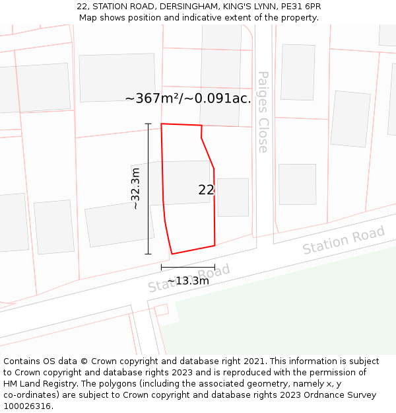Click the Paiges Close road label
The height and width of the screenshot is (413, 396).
pos(263,112)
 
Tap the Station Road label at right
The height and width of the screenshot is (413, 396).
pos(343,241)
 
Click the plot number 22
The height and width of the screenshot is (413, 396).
pos(206,190)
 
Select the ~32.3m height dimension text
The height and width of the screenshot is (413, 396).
pos(135,189)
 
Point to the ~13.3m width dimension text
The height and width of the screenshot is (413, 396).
pos(188,281)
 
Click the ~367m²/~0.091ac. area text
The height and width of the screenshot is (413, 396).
pos(187,98)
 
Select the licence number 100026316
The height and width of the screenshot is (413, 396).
pos(28,406)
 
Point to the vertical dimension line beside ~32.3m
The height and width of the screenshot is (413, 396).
pos(148,189)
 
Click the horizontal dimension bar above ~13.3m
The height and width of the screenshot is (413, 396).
pos(188,267)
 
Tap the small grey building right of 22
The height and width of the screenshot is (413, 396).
pos(233,197)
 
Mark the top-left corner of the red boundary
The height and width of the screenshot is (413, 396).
pos(162,124)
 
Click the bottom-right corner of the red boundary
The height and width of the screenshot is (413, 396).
pos(214,246)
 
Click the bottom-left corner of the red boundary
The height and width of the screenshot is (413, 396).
pos(172,254)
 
